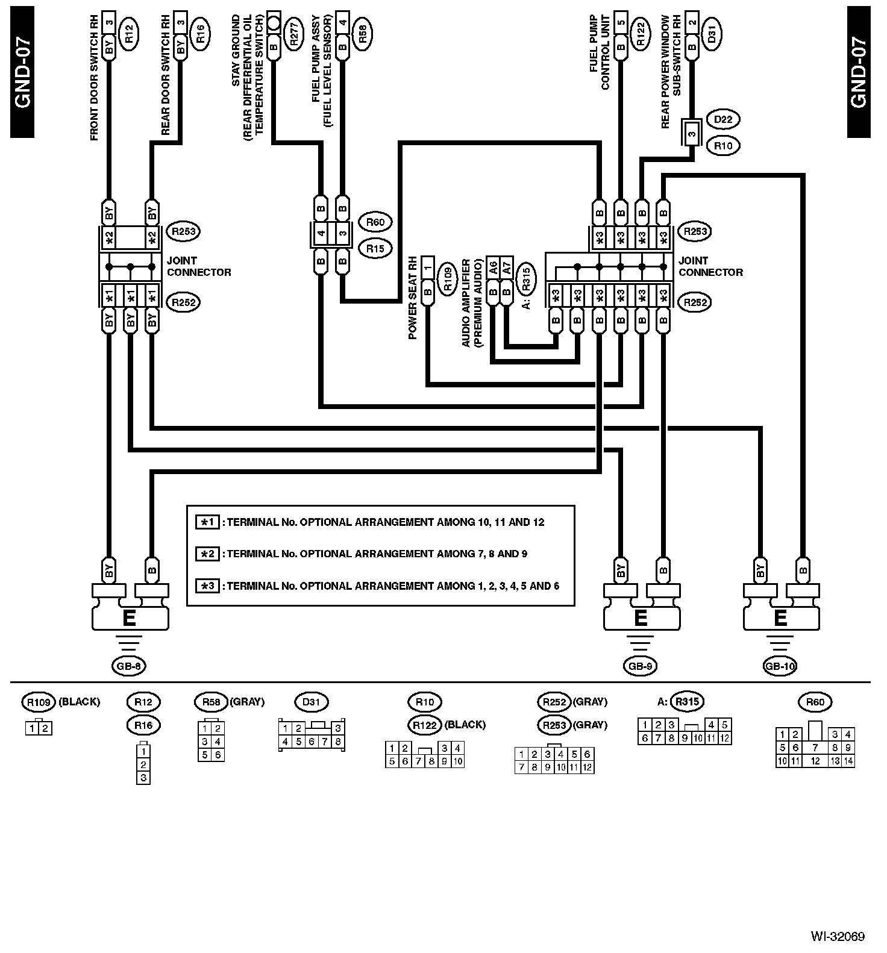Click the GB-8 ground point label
[x=129, y=666]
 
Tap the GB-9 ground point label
[x=640, y=666]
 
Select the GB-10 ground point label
[x=780, y=666]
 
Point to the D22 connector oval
[x=723, y=120]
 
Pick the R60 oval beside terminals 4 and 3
[x=375, y=222]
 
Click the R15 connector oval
[x=375, y=248]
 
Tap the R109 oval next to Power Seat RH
[x=447, y=279]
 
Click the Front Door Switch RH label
[x=94, y=79]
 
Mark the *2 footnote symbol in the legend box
[x=207, y=554]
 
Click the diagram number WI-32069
[x=838, y=936]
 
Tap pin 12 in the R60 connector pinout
[x=815, y=761]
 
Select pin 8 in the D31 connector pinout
[x=339, y=742]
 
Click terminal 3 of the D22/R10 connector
[x=691, y=133]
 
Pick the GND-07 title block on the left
[x=22, y=72]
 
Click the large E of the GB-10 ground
[x=780, y=618]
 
